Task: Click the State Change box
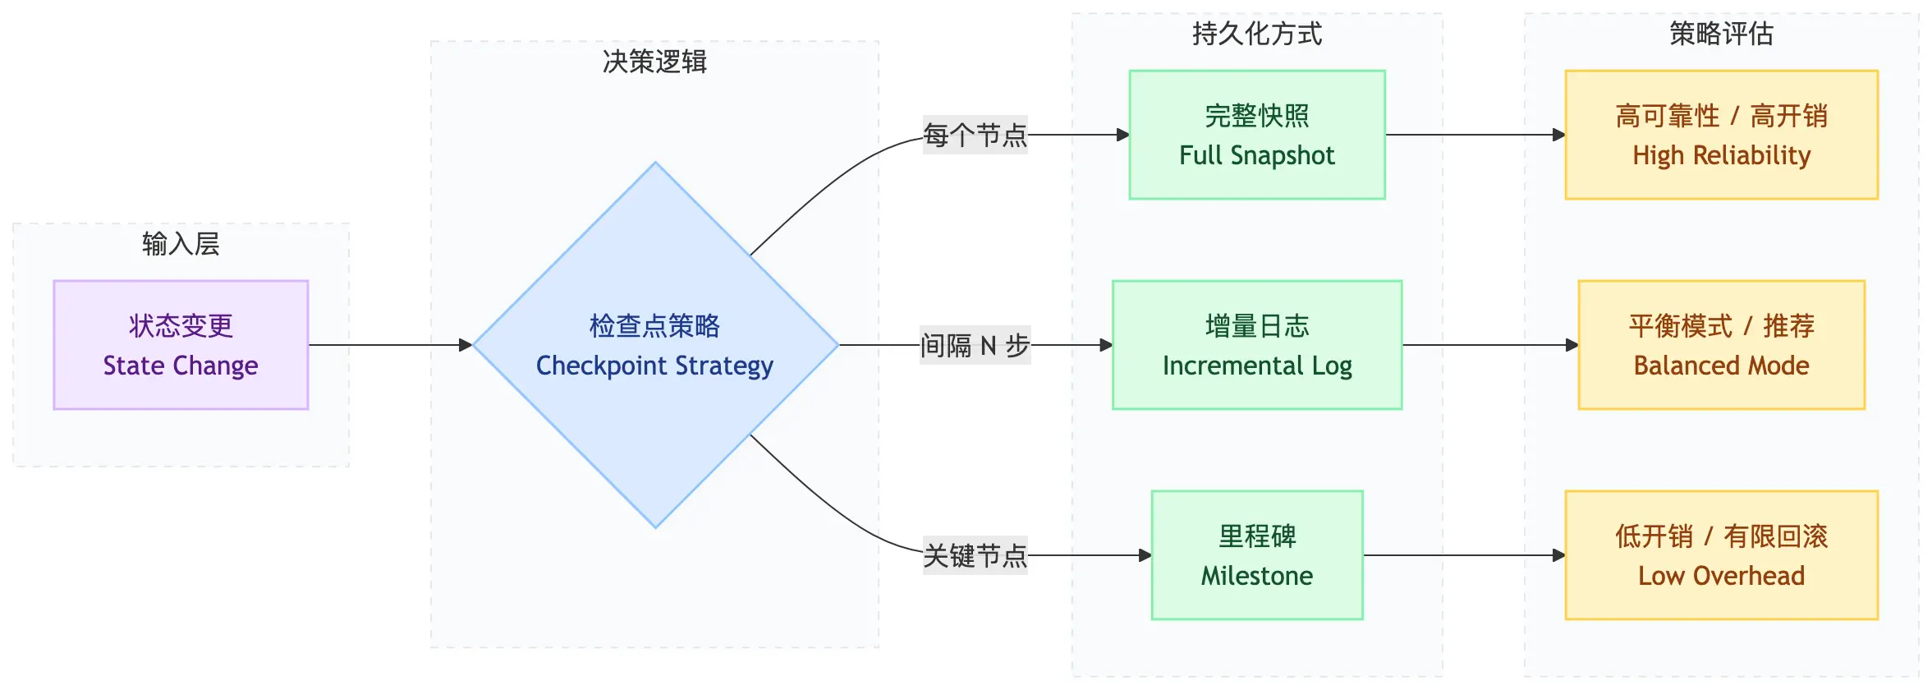pos(181,345)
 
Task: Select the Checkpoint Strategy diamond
pos(654,345)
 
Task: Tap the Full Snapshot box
pos(1256,135)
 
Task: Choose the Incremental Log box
pos(1256,345)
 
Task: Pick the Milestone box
pos(1256,555)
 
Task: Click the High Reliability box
pos(1721,135)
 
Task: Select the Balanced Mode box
pos(1721,345)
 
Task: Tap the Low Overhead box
pos(1721,555)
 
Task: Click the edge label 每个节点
pos(975,135)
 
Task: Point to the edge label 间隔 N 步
pos(975,345)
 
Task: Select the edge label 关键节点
pos(975,555)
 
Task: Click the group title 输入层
pos(181,244)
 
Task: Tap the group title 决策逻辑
pos(654,62)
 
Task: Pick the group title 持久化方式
pos(1256,34)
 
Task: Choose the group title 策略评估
pos(1721,34)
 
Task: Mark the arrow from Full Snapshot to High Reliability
pos(1475,135)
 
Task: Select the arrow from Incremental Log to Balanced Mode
pos(1489,345)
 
